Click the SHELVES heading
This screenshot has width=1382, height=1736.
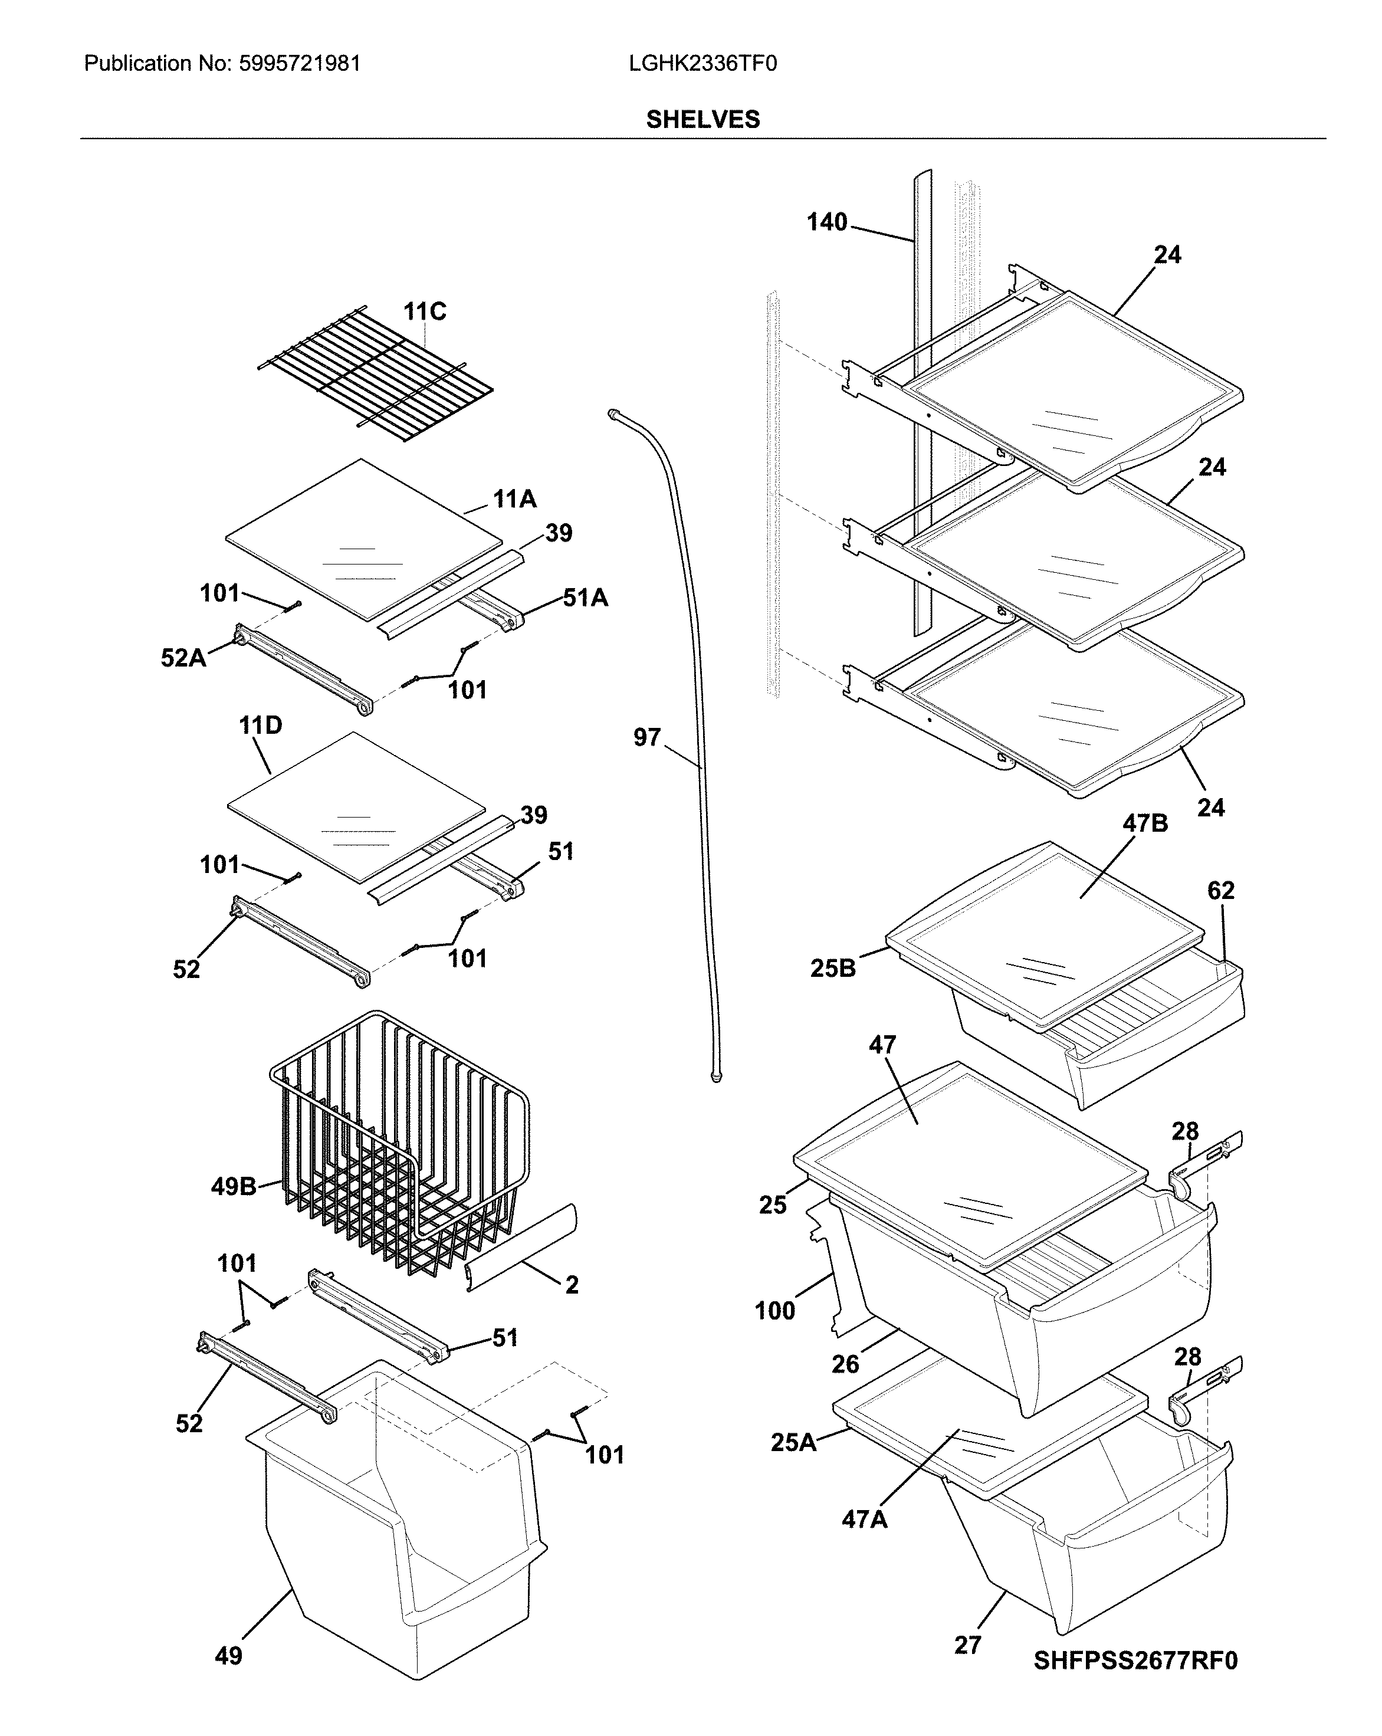point(703,119)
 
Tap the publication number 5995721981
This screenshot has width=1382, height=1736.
point(300,64)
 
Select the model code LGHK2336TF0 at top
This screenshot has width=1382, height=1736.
point(703,64)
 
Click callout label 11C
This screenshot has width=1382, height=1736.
point(425,311)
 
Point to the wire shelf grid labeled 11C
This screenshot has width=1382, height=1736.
point(375,375)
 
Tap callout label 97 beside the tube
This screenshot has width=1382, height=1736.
point(646,737)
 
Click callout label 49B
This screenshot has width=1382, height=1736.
point(234,1186)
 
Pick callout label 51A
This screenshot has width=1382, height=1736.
point(585,598)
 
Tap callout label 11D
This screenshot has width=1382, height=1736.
point(260,726)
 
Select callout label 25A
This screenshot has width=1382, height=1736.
point(793,1442)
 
